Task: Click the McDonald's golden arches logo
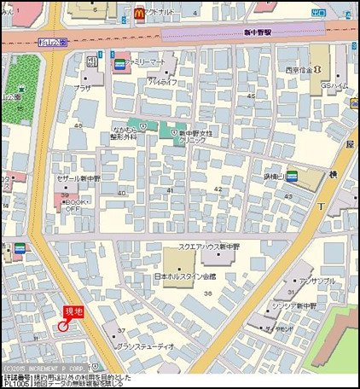138,12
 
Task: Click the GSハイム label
333,87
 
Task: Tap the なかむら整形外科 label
125,134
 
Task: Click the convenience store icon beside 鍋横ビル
292,176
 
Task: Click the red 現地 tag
74,313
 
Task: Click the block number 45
249,96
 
